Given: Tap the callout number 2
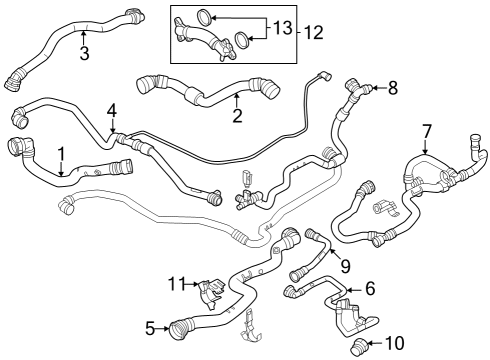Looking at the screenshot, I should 237,116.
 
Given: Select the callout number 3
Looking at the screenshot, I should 84,53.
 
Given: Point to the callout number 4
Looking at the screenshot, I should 112,109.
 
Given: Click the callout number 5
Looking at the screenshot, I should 150,327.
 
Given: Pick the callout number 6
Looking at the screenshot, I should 369,289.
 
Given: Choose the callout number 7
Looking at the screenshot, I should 426,130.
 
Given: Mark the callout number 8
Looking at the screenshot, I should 392,88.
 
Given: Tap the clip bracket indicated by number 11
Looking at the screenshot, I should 207,290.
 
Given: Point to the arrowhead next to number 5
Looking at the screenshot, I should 165,327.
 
